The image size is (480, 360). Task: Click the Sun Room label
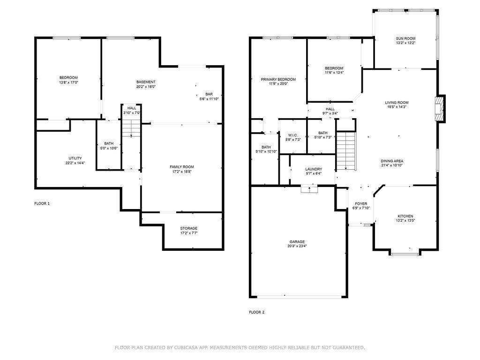point(405,38)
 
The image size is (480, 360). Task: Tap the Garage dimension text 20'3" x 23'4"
point(297,246)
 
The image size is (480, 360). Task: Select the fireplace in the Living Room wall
point(440,109)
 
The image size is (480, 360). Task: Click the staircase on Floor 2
point(346,151)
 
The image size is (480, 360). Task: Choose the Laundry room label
point(314,169)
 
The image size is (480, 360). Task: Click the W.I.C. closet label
point(292,135)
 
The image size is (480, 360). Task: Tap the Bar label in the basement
point(209,94)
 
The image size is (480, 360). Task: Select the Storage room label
point(188,228)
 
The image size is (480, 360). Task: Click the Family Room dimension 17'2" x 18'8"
point(182,172)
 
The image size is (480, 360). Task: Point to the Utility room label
point(75,158)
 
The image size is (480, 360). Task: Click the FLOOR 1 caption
point(42,203)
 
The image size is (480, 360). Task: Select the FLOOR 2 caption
point(256,312)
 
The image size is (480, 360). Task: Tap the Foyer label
point(361,204)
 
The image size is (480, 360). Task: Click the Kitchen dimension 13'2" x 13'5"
point(405,220)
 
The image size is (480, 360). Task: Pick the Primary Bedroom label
point(278,80)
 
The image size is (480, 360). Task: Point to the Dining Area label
point(392,161)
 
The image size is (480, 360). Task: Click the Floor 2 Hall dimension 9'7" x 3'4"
point(330,113)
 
